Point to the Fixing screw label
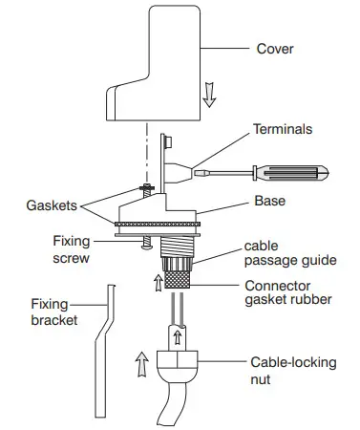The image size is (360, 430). (x=73, y=251)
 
